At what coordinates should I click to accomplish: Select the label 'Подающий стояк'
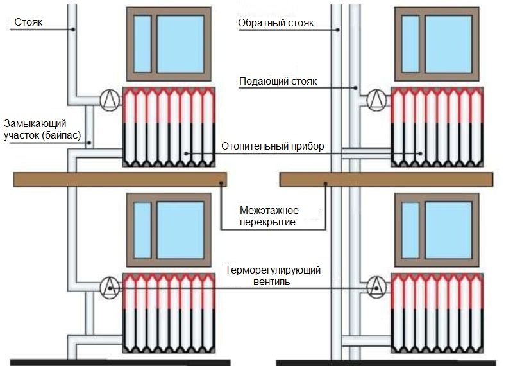tap(277, 82)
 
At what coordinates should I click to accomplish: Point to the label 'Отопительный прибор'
tap(273, 146)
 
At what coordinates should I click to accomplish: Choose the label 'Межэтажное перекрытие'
tap(269, 216)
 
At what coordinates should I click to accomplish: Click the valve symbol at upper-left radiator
tap(110, 99)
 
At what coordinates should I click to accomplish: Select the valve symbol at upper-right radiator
tap(376, 99)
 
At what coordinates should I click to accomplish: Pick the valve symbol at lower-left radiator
tap(110, 286)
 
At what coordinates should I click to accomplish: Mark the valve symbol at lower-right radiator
tap(376, 286)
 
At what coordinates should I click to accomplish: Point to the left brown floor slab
tap(120, 179)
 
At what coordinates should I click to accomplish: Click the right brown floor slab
tap(386, 179)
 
